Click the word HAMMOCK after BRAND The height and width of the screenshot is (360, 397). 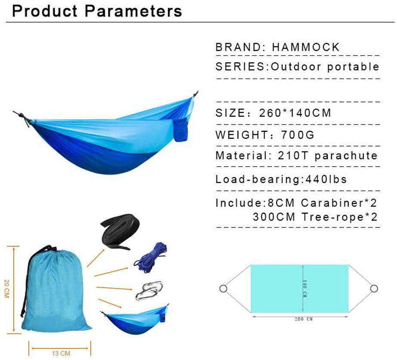coord(306,47)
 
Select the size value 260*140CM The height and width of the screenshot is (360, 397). coord(295,113)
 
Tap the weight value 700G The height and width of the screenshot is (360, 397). coord(298,135)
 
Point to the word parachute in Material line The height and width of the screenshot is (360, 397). coord(346,156)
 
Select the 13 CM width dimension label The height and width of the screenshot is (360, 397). coord(61,354)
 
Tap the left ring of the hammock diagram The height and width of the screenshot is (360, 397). coord(223,289)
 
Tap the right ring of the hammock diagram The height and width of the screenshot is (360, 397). coord(374,289)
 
